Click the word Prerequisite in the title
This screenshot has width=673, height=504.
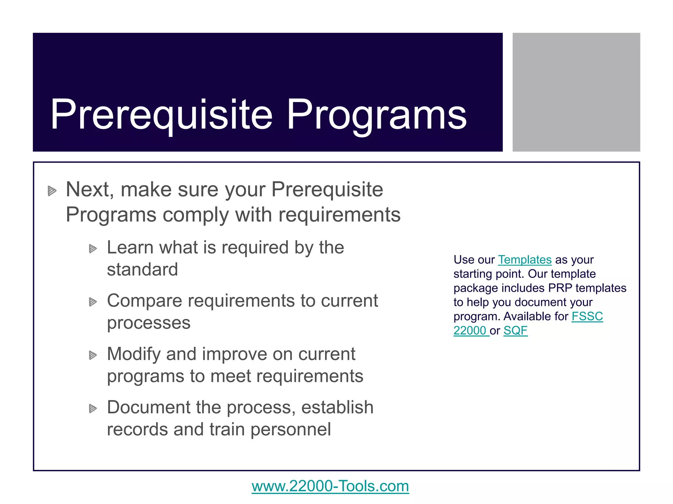click(161, 115)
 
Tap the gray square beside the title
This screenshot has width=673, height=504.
click(576, 92)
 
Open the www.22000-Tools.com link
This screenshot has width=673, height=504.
click(330, 486)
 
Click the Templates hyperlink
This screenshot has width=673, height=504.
click(524, 260)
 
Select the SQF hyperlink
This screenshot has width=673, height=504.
click(515, 331)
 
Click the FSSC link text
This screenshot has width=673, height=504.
click(587, 317)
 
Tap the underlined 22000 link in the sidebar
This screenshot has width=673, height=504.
click(470, 331)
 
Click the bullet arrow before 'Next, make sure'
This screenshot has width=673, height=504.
click(52, 191)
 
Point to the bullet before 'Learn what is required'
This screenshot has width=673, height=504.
click(93, 249)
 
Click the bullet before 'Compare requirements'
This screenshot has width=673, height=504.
click(93, 302)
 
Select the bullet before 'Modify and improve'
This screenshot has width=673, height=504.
click(93, 355)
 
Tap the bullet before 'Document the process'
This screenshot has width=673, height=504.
click(93, 409)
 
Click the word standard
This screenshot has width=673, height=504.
click(142, 270)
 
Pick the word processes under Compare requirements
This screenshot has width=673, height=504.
click(149, 323)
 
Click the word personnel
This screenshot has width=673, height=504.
click(290, 430)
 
